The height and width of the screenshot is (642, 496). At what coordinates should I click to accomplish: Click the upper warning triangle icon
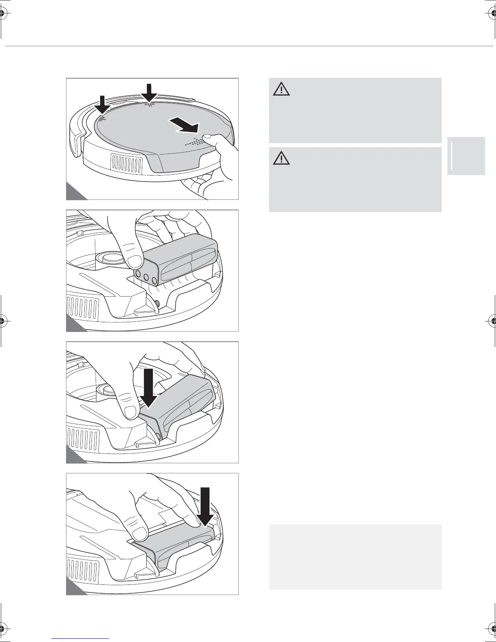click(281, 89)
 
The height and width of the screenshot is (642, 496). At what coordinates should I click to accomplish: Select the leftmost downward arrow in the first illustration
click(102, 105)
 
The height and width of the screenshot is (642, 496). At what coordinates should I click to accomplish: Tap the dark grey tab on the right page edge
click(466, 156)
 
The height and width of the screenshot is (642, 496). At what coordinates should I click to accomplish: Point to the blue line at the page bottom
click(81, 638)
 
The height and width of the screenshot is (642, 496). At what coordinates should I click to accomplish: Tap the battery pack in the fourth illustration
click(178, 547)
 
